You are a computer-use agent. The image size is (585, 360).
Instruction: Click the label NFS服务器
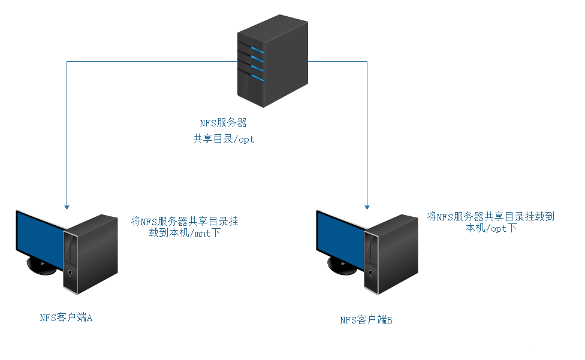pos(223,123)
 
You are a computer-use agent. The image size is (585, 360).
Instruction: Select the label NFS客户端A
pos(66,318)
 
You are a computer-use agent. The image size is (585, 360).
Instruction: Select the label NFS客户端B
pos(366,320)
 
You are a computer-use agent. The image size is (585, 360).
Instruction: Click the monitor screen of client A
pos(40,237)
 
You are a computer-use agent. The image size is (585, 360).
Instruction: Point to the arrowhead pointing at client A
pos(67,207)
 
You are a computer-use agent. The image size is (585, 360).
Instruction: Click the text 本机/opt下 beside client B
pos(491,228)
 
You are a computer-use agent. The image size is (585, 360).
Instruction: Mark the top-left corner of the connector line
pos(67,61)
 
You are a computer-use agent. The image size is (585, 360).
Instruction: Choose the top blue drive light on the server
pos(258,50)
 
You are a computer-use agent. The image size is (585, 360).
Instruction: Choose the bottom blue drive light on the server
pos(258,77)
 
